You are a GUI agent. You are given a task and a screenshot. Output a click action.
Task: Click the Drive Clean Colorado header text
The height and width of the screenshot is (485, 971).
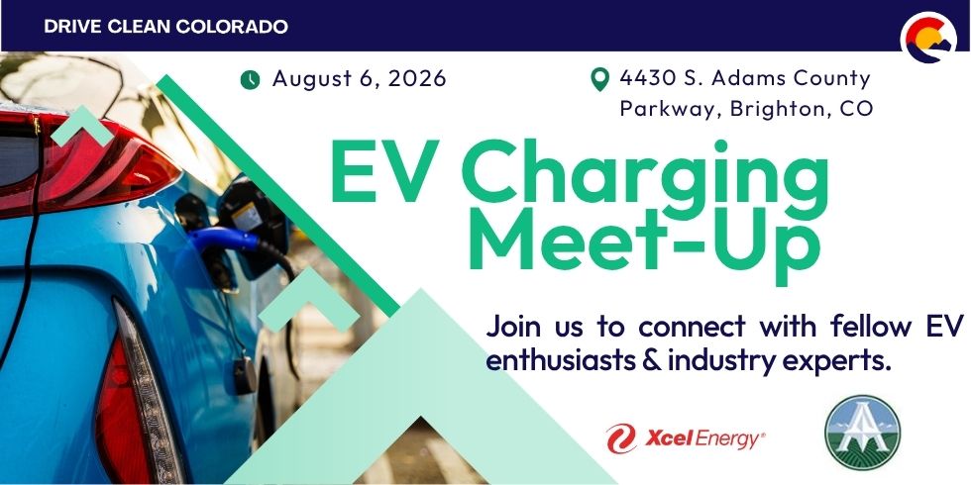tap(166, 27)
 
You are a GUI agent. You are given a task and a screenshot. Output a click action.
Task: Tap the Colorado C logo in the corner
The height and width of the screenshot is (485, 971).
tap(928, 38)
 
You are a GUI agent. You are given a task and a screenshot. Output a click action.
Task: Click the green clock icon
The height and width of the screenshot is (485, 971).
tap(250, 80)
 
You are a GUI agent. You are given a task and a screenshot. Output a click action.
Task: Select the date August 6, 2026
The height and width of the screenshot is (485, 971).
tap(359, 79)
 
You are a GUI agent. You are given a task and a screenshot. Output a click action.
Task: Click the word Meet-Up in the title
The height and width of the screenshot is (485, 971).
tap(645, 247)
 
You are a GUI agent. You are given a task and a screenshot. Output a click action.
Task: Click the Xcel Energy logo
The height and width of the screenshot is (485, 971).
tap(686, 438)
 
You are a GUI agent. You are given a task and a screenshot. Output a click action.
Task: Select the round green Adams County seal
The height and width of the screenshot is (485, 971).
tap(863, 433)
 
